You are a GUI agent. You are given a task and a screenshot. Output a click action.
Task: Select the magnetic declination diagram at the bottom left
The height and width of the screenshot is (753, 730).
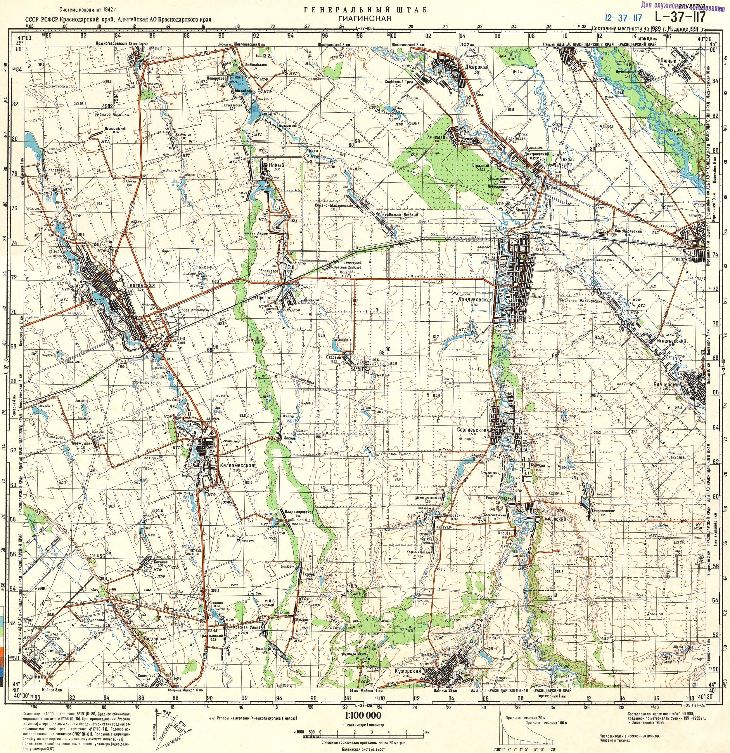[165, 727]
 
